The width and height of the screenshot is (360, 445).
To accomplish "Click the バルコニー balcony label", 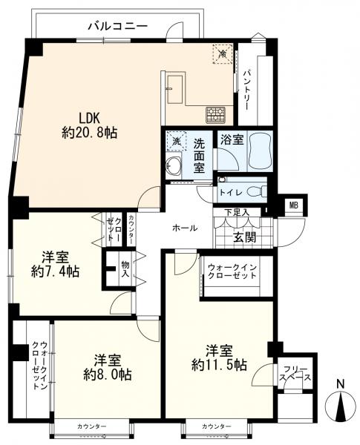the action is pyautogui.click(x=118, y=26).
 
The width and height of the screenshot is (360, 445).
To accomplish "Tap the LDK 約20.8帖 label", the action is pyautogui.click(x=90, y=125).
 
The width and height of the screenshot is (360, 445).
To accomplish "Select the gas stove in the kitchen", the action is pyautogui.click(x=216, y=115).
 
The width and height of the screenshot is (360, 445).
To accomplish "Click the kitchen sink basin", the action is pyautogui.click(x=176, y=90).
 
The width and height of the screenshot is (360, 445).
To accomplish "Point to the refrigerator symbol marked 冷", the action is pyautogui.click(x=223, y=53).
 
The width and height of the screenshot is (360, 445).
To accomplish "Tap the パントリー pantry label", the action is pyautogui.click(x=246, y=90).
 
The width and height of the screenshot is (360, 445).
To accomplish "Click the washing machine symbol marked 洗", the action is pyautogui.click(x=176, y=141).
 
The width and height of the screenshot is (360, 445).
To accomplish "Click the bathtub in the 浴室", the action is pyautogui.click(x=259, y=151).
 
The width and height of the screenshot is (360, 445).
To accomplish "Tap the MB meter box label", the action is pyautogui.click(x=293, y=205).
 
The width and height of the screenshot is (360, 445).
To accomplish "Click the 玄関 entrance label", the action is pyautogui.click(x=244, y=237).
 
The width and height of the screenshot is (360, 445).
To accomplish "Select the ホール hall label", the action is pyautogui.click(x=185, y=228).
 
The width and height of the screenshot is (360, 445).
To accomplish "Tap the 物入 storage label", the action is pyautogui.click(x=125, y=269).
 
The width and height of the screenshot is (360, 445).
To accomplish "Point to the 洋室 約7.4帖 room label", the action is pyautogui.click(x=55, y=264).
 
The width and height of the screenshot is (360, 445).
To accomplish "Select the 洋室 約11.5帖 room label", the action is pyautogui.click(x=219, y=357).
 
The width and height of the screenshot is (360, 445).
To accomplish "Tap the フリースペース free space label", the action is pyautogui.click(x=295, y=374).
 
